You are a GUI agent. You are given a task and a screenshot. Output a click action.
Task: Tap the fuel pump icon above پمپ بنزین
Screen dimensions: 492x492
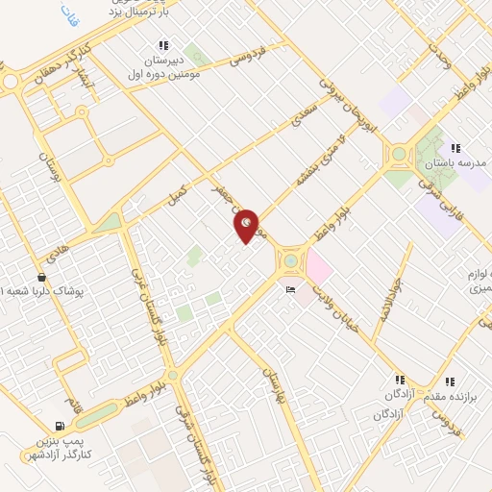pyautogui.click(x=61, y=426)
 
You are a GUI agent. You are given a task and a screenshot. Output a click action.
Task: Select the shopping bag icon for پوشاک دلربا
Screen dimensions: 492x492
pyautogui.click(x=40, y=277)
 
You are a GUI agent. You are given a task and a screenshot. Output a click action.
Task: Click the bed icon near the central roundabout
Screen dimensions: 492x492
pyautogui.click(x=290, y=289)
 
